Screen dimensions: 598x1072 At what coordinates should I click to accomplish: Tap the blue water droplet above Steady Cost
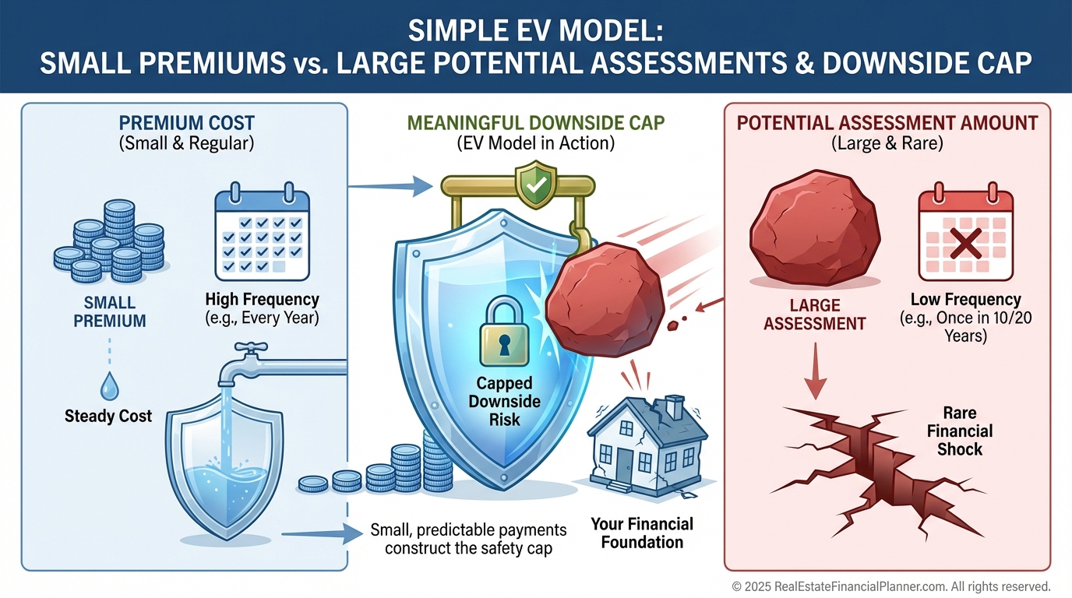tap(109, 385)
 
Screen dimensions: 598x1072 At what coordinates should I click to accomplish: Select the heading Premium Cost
tap(186, 123)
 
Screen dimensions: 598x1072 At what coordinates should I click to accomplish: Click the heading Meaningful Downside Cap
tap(535, 123)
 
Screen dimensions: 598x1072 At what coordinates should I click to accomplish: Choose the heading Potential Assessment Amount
tap(887, 123)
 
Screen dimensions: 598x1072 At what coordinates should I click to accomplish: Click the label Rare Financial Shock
tap(959, 431)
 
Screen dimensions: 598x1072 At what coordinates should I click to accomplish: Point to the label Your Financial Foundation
tap(641, 533)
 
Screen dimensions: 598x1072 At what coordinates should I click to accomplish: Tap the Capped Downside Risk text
tap(505, 401)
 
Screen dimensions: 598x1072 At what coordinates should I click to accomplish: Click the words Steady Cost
tap(108, 417)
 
